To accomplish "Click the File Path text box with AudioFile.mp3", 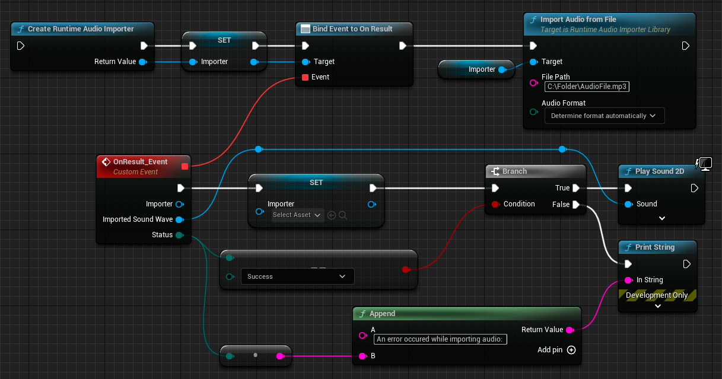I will pyautogui.click(x=587, y=87).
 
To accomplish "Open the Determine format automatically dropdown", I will pyautogui.click(x=604, y=116).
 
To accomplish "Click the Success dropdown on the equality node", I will pyautogui.click(x=297, y=276).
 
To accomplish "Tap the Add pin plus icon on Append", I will pyautogui.click(x=571, y=350).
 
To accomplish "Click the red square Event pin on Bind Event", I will pyautogui.click(x=306, y=77).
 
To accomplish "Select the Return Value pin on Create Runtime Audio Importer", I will pyautogui.click(x=142, y=62).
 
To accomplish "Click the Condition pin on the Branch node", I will pyautogui.click(x=495, y=204).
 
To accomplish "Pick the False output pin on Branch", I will pyautogui.click(x=575, y=205).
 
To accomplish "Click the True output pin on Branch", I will pyautogui.click(x=575, y=188).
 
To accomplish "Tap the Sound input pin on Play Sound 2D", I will pyautogui.click(x=628, y=204).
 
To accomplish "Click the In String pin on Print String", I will pyautogui.click(x=628, y=280).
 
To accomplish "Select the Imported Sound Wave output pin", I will pyautogui.click(x=179, y=219).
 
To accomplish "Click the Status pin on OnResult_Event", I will pyautogui.click(x=179, y=235).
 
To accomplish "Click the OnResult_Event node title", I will pyautogui.click(x=140, y=161).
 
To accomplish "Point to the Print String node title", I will pyautogui.click(x=654, y=247).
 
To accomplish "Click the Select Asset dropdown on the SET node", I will pyautogui.click(x=297, y=215).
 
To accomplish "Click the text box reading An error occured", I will pyautogui.click(x=440, y=339).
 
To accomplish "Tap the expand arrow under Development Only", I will pyautogui.click(x=657, y=307).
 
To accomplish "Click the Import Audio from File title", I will pyautogui.click(x=578, y=20).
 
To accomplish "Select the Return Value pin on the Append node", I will pyautogui.click(x=570, y=330).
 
